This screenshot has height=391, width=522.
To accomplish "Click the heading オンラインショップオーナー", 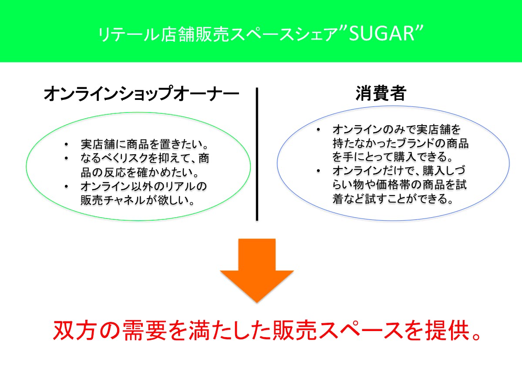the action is coord(141,93).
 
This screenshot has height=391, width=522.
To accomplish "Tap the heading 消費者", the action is coord(381,93).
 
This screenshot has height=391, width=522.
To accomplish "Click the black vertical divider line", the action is coord(257,154).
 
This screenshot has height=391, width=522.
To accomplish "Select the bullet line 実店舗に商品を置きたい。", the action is coord(145,144).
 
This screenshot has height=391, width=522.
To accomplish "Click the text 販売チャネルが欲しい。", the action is coord(138,200).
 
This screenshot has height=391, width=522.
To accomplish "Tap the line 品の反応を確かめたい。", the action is coord(140,172).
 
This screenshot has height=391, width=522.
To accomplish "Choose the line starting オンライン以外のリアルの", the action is coord(144,186).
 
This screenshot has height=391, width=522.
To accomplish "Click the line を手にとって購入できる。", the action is coord(393,156).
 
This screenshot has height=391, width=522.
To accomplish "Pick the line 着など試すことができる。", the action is coord(393,199).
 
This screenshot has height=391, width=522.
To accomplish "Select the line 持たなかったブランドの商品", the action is coord(401,143).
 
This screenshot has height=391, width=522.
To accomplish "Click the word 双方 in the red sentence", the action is coord(74,330).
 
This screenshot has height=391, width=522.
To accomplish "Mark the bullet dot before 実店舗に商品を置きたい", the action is coord(67,145).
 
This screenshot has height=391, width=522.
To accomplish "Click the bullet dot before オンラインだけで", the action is coord(319,171).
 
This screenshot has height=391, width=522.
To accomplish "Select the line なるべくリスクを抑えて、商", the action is coord(145,158).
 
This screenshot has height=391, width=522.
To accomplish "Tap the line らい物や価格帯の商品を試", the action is coord(400,184).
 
